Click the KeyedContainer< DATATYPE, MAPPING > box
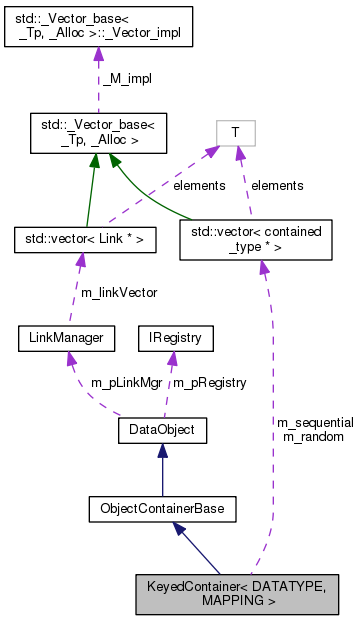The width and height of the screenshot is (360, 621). click(x=244, y=593)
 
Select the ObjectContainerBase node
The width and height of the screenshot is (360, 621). click(x=162, y=509)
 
